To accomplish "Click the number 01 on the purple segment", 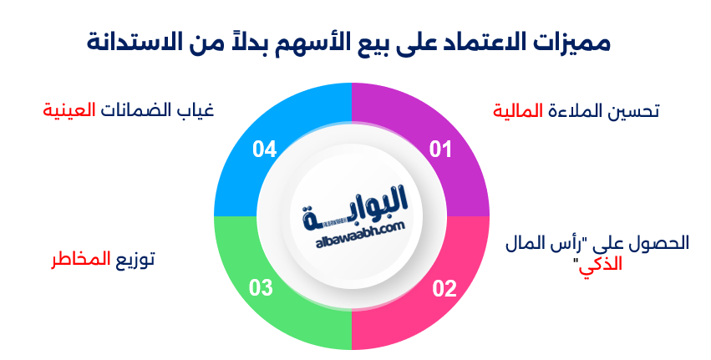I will coord(440,150).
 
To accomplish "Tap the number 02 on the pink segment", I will coord(444,289).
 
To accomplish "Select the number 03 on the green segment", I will coord(261,289).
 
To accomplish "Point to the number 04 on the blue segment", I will coord(264,150).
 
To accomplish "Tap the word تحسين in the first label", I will coord(632,111).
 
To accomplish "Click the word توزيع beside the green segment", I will coord(135,259).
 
